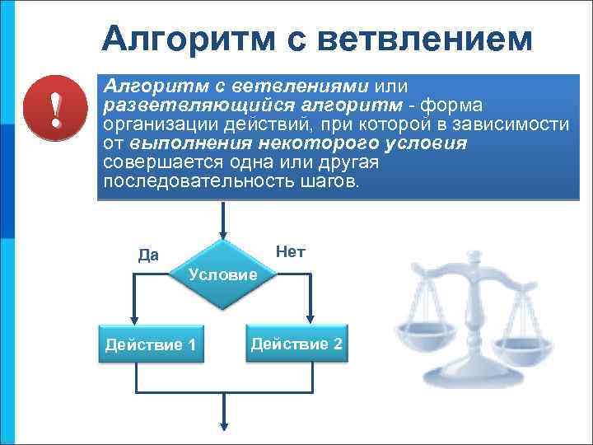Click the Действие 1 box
click(151, 344)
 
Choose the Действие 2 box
click(296, 343)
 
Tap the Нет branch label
click(291, 251)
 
